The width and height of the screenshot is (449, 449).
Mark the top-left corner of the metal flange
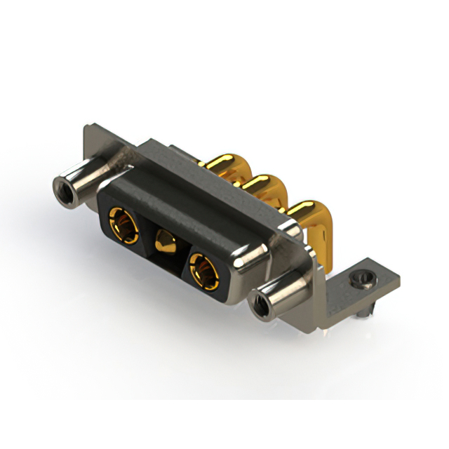[86, 128]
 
